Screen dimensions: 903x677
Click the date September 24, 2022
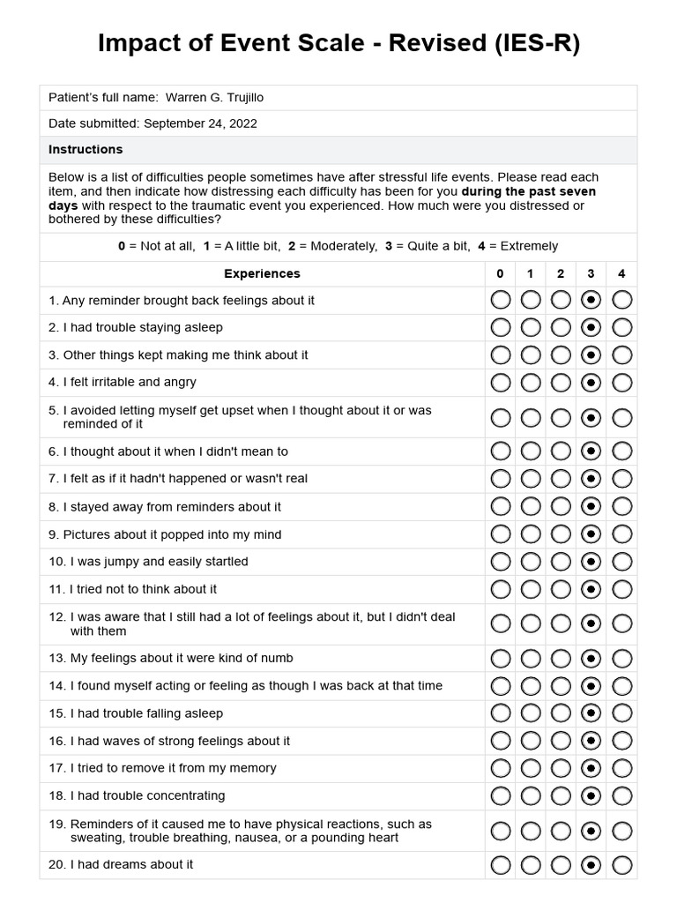[x=200, y=123]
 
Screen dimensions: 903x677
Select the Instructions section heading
[x=86, y=149]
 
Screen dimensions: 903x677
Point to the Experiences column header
[x=262, y=273]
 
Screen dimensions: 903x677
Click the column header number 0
[x=500, y=273]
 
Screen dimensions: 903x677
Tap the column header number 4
[x=621, y=273]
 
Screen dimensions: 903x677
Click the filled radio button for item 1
[x=591, y=300]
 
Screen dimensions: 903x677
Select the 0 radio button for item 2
[x=500, y=328]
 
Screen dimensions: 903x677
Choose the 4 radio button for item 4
[x=621, y=383]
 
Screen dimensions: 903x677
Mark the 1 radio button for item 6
[x=531, y=451]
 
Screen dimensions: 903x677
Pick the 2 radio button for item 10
[x=561, y=562]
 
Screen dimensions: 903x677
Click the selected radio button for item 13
[x=591, y=659]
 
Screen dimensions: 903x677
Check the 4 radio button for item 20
[x=621, y=864]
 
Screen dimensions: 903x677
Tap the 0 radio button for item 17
[x=500, y=768]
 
